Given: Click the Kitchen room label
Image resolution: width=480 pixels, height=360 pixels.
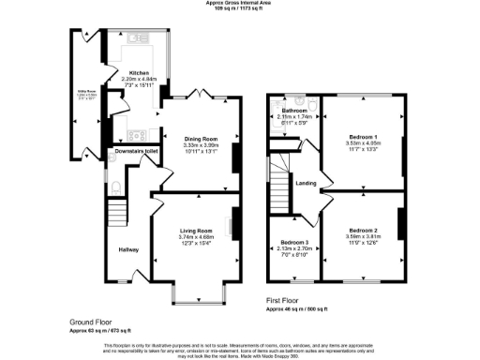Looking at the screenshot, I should coord(139,72).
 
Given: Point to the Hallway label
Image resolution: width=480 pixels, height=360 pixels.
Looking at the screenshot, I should coord(127,249).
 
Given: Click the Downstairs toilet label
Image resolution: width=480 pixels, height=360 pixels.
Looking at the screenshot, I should coord(133,150).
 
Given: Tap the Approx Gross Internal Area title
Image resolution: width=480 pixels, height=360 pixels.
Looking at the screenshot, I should coord(239,3).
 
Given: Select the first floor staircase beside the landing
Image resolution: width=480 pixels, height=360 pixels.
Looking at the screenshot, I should coord(278,192).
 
